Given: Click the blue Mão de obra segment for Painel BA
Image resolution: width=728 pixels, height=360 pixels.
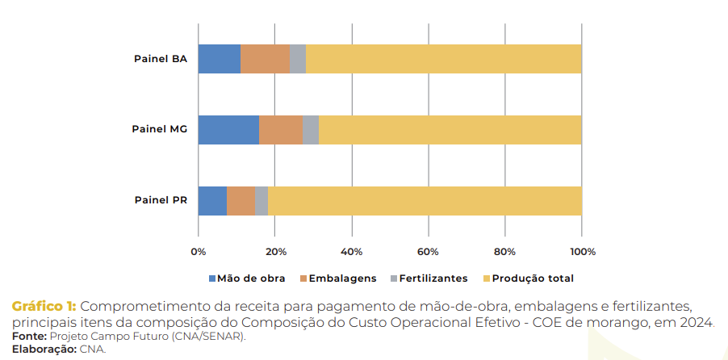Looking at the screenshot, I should [219, 59].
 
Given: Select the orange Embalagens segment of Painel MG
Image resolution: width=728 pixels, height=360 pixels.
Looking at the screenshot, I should [281, 129].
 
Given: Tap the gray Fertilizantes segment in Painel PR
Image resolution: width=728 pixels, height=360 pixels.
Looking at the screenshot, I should [261, 200].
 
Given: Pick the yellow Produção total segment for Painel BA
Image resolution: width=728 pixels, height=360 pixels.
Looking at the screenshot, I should [443, 59].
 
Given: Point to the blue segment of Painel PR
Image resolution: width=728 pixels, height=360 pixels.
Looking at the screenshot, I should [212, 200].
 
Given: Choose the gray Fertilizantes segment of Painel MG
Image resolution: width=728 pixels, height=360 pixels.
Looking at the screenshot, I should [311, 129].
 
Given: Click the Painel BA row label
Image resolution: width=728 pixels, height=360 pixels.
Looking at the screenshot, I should [161, 59].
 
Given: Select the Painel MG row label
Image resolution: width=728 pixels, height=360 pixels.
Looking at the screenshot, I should [160, 129].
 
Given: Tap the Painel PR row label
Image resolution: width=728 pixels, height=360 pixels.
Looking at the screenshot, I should [161, 200].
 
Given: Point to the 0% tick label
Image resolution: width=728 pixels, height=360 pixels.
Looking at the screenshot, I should [198, 252].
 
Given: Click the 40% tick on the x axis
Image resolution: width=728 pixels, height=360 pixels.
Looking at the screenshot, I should [351, 252].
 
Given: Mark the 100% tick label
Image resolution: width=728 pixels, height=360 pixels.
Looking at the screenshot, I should [582, 252].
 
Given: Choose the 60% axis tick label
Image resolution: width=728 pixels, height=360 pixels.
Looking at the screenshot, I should [428, 252].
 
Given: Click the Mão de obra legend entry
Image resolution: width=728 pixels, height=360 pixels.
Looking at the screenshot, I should [246, 278].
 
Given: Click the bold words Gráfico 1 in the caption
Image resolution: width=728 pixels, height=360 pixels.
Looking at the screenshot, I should [44, 306].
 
